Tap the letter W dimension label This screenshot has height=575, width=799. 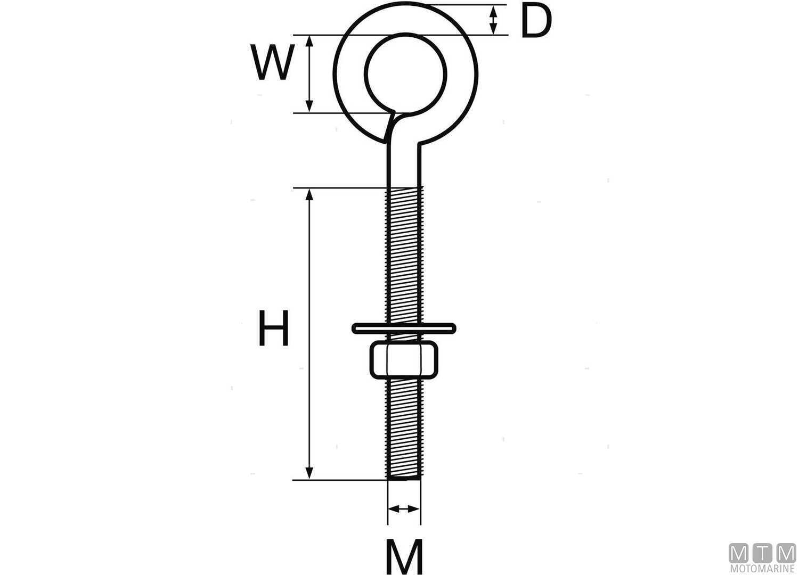tap(273, 62)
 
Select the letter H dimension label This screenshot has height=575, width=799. tap(273, 328)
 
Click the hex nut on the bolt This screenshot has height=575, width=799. tap(404, 360)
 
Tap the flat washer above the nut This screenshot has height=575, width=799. tap(404, 328)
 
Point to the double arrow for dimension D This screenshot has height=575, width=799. tap(494, 20)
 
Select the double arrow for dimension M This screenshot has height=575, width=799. tap(404, 509)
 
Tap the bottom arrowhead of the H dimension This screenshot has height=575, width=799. tap(308, 473)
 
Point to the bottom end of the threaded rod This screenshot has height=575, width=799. tap(404, 478)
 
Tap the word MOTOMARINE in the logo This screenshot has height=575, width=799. tap(762, 569)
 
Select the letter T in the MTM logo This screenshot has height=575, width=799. tap(762, 553)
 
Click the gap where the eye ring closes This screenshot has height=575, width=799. tap(389, 126)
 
